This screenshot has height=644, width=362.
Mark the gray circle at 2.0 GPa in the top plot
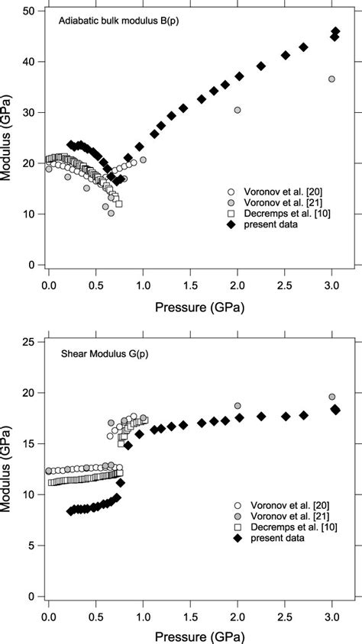pyautogui.click(x=238, y=110)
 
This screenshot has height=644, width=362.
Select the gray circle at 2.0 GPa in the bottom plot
pyautogui.click(x=238, y=406)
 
